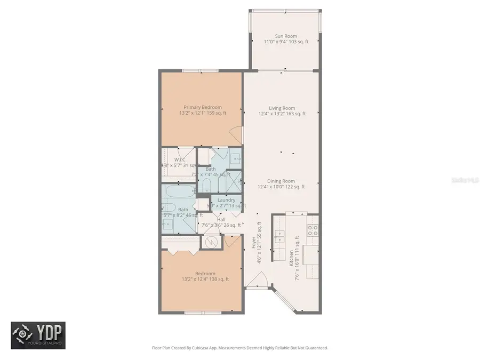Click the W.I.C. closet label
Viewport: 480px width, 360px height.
coord(180,159)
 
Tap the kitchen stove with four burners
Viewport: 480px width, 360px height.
coord(313,230)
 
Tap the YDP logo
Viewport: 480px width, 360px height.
coord(38,335)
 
